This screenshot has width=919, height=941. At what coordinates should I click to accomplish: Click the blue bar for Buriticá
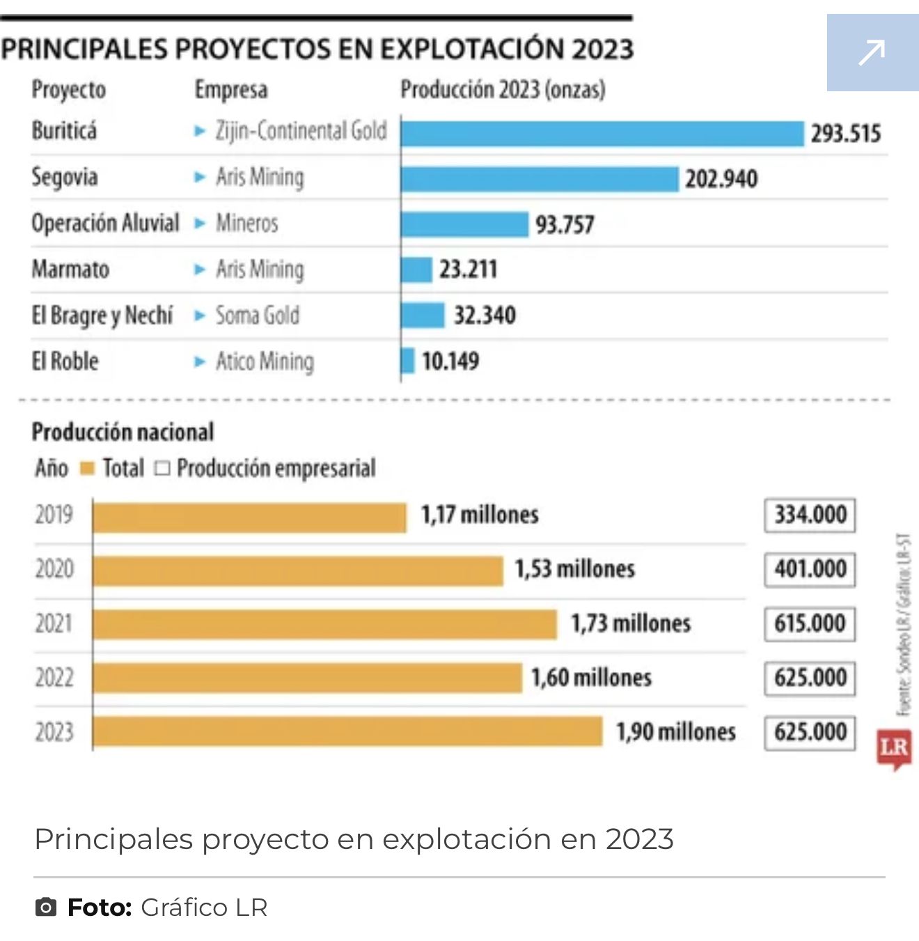tap(602, 134)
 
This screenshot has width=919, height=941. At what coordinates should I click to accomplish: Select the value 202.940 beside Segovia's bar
tap(721, 179)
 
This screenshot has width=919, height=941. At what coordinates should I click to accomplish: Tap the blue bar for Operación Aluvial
tap(464, 224)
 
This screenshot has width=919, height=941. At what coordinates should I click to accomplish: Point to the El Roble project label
tap(65, 361)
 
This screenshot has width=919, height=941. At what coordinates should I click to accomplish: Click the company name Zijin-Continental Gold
tap(301, 131)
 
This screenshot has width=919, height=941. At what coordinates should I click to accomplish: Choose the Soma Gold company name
tap(258, 316)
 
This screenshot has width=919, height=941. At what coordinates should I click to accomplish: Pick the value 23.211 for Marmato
tap(468, 270)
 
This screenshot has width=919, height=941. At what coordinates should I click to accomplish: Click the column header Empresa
tap(231, 90)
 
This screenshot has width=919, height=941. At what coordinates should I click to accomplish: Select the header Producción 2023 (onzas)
tap(503, 90)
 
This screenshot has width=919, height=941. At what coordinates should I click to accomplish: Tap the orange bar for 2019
tap(249, 518)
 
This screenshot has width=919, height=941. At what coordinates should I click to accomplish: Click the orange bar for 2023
tap(347, 731)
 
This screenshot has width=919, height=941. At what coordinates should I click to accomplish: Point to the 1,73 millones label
tap(631, 623)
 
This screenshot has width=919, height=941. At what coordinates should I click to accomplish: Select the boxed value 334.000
tap(810, 515)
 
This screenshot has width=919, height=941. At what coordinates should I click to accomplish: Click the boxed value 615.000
tap(810, 623)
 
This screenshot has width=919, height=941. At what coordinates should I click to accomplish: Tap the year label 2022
tap(54, 677)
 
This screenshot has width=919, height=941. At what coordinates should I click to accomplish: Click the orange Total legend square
tap(87, 469)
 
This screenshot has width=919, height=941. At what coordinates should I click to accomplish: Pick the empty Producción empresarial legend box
tap(162, 469)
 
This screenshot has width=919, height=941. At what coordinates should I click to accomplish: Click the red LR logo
tap(894, 749)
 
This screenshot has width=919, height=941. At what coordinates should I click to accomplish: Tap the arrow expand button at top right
tap(872, 53)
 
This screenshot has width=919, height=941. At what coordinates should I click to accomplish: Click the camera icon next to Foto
tap(46, 908)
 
